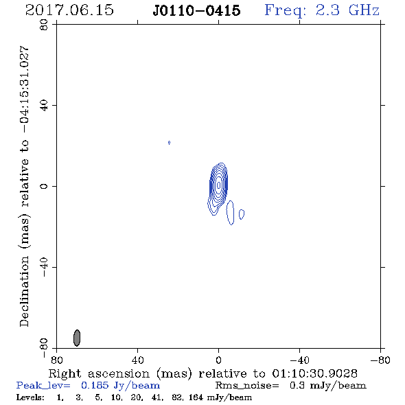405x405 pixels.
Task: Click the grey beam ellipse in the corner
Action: [77, 338]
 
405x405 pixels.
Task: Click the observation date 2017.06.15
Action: [69, 10]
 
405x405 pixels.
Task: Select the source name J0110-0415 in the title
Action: [196, 10]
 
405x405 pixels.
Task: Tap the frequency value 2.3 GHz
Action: [347, 10]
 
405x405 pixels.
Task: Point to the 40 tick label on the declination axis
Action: [44, 106]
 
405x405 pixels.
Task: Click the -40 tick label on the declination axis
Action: [44, 267]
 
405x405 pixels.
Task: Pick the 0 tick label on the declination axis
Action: [44, 186]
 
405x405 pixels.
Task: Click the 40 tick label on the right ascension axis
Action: [138, 360]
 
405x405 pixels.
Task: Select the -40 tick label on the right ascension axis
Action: [299, 360]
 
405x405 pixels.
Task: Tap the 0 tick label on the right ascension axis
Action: [218, 360]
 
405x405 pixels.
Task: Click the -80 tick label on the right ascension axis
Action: [380, 360]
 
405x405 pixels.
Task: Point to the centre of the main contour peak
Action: [219, 185]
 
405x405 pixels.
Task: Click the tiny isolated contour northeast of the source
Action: [169, 143]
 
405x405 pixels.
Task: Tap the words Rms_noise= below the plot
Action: [247, 386]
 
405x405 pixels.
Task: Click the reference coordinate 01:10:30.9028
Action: [315, 373]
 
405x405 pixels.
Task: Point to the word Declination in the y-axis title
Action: [24, 291]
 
